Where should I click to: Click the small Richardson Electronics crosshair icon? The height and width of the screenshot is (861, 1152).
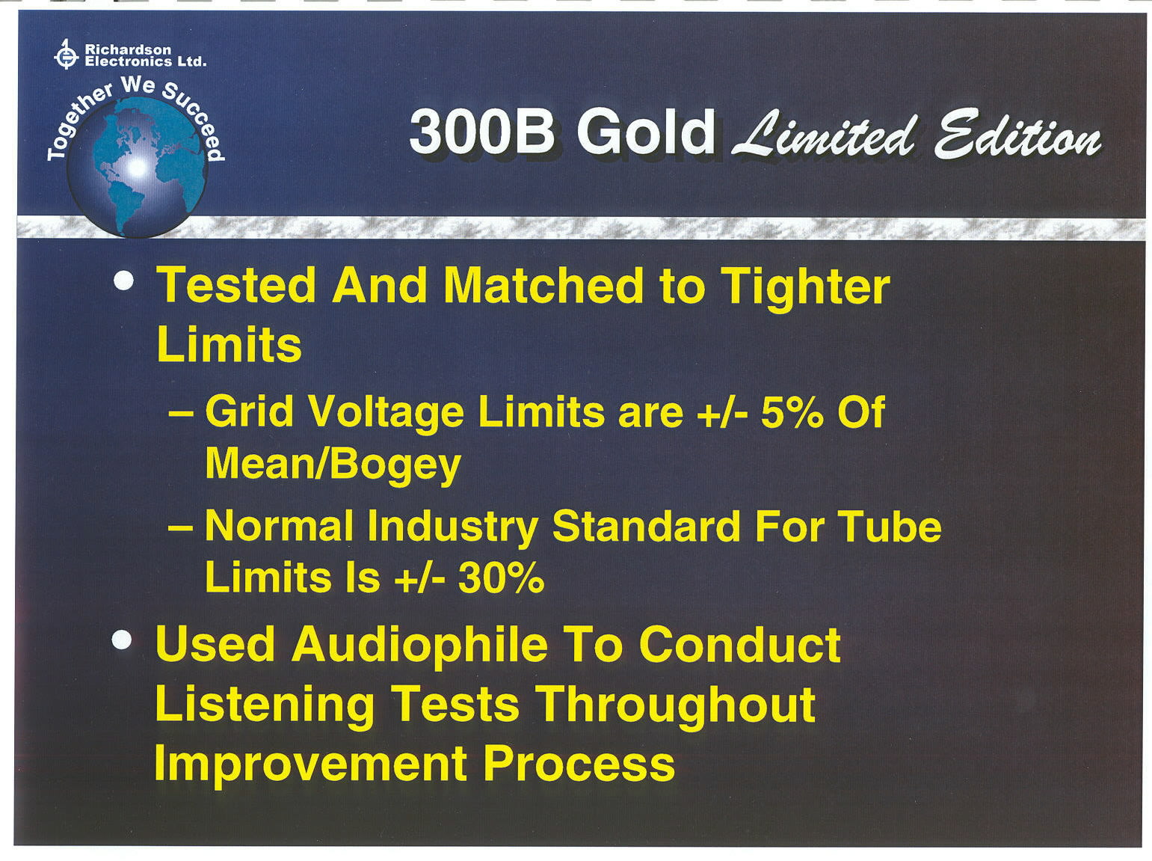(66, 54)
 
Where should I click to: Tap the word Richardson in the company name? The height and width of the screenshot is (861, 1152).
(128, 49)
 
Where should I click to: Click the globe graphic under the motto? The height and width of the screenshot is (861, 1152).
(138, 167)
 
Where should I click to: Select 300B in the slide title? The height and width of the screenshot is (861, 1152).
(481, 131)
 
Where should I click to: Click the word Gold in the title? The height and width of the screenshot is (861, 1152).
(646, 130)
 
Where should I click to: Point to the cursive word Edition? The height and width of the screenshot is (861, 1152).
(1017, 133)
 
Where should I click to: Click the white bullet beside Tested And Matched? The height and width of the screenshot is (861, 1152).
(124, 280)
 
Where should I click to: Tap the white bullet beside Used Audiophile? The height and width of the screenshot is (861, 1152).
(123, 640)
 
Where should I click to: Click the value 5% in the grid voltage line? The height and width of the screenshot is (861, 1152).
(792, 412)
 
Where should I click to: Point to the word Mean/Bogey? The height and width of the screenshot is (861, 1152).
(333, 465)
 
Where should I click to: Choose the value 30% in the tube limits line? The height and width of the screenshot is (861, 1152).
(501, 578)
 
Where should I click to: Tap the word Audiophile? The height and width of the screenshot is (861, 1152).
(420, 646)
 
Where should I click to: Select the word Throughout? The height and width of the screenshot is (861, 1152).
(676, 705)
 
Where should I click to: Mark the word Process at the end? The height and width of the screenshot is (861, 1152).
(579, 765)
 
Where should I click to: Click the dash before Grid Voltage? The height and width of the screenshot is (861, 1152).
(181, 414)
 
